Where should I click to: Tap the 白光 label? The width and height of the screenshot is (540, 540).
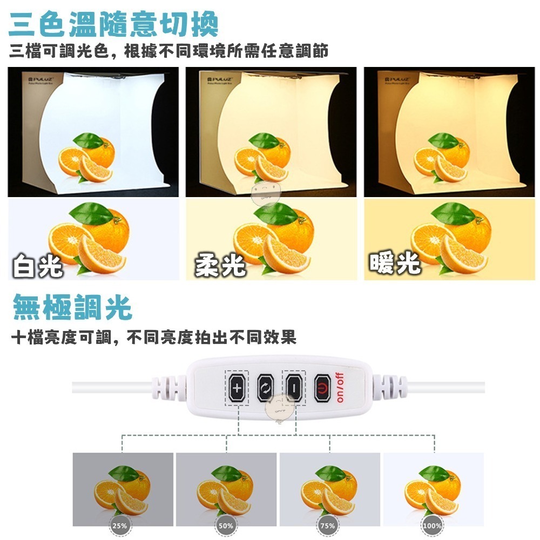tap(38, 266)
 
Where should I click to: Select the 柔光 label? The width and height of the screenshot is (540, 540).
tap(220, 266)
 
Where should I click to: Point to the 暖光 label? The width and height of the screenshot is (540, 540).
tap(395, 263)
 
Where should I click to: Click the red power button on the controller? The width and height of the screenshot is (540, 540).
tap(322, 388)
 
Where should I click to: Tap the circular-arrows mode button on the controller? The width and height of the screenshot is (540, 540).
tap(266, 388)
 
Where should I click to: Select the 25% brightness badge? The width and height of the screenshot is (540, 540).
tap(119, 525)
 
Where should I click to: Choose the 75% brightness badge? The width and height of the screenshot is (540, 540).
tap(327, 525)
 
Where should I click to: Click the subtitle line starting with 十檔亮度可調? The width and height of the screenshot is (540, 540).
tap(154, 339)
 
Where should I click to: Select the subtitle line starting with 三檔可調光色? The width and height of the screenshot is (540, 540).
tap(168, 52)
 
